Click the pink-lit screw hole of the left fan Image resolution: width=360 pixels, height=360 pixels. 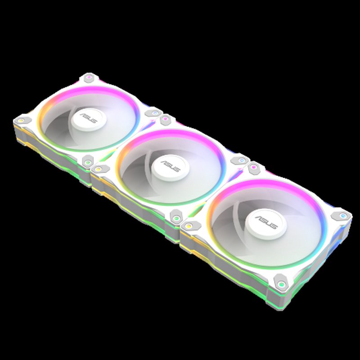coord(90,78)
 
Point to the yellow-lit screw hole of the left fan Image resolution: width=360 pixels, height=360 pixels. coord(21,120)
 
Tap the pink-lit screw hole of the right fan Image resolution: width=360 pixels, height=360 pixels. coord(254,168)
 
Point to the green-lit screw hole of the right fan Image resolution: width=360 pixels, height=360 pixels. coord(280,284)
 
